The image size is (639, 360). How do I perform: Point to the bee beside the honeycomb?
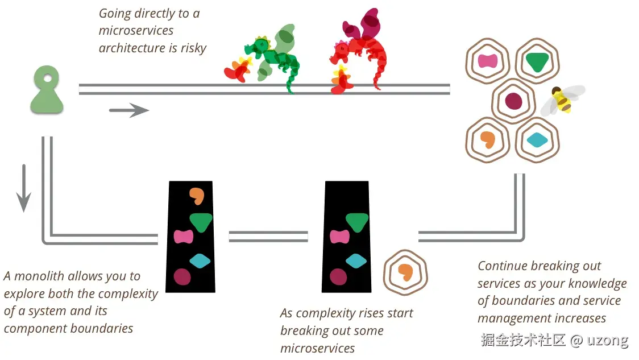(562, 100)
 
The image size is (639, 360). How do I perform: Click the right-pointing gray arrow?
(129, 110)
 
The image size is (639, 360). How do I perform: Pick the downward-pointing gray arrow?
(24, 188)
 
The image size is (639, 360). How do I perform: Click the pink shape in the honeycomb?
(487, 61)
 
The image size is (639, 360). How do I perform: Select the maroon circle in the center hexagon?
(513, 101)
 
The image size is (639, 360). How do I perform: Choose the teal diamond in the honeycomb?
(537, 140)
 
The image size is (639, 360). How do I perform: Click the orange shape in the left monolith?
(197, 196)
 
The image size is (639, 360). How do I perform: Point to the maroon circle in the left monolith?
(182, 277)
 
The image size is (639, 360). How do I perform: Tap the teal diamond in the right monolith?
(356, 261)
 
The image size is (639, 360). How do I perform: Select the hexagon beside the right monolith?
(405, 272)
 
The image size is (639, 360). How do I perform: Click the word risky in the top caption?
(193, 48)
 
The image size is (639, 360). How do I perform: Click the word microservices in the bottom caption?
(317, 348)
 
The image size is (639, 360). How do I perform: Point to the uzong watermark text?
(607, 340)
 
